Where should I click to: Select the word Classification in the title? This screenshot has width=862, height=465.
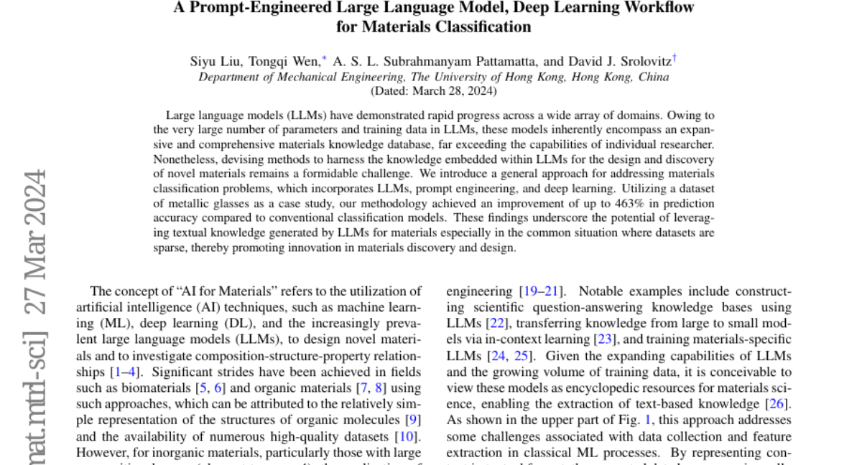point(481,27)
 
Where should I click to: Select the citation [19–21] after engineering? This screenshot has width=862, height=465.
point(542,291)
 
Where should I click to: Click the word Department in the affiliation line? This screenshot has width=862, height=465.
point(227,77)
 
